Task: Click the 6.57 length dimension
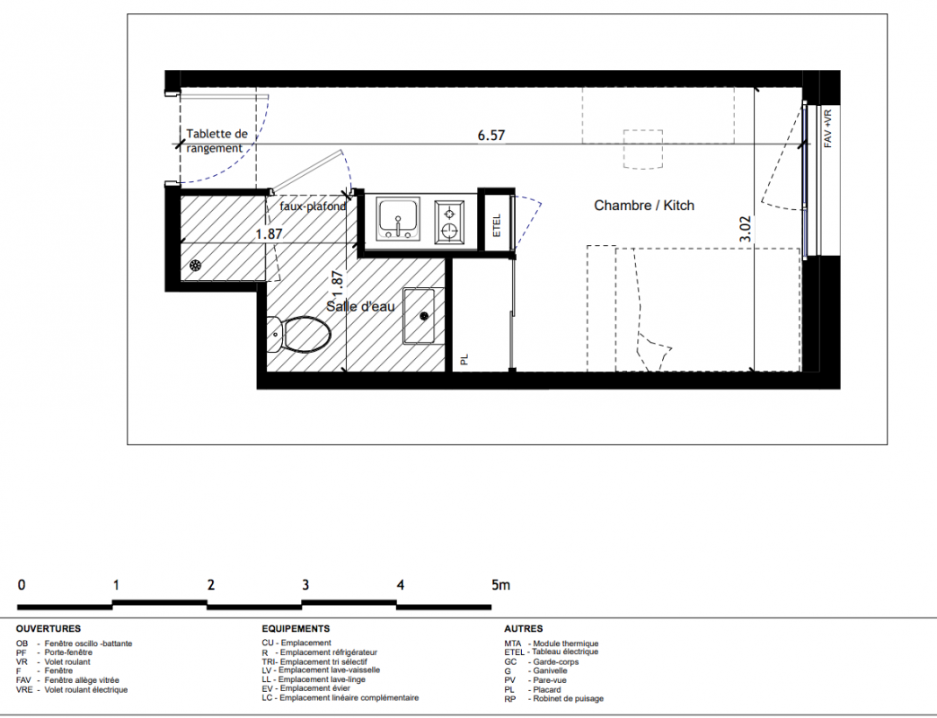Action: [491, 136]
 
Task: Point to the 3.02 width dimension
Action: [745, 229]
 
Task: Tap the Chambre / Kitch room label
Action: [644, 206]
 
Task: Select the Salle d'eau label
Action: [360, 307]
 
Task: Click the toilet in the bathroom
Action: [298, 334]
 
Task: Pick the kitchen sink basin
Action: [398, 219]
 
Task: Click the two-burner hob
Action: [449, 222]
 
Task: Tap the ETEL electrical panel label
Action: [497, 225]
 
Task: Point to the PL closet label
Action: [465, 359]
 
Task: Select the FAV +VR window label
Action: [827, 128]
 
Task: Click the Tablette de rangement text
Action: [217, 141]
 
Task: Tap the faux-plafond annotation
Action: [314, 206]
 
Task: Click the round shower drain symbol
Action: [196, 267]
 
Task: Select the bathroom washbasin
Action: [424, 316]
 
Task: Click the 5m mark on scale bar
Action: [500, 585]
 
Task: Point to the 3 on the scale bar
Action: [305, 585]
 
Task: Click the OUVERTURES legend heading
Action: [49, 628]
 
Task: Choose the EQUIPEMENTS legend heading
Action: [296, 628]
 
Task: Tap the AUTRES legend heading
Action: [524, 628]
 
